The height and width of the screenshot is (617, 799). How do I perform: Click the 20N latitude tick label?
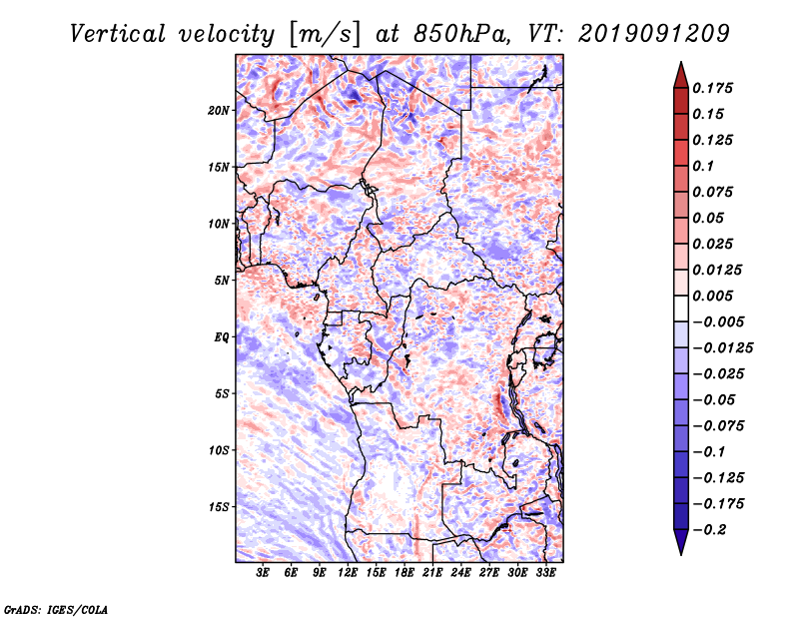pyautogui.click(x=219, y=110)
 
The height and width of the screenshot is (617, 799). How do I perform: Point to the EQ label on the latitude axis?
pyautogui.click(x=222, y=336)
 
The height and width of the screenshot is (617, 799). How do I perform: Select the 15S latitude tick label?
pyautogui.click(x=219, y=506)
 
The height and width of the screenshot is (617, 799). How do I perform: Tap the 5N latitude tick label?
pyautogui.click(x=222, y=280)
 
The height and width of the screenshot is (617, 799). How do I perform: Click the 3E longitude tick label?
pyautogui.click(x=264, y=573)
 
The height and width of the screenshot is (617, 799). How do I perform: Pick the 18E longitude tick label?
pyautogui.click(x=404, y=573)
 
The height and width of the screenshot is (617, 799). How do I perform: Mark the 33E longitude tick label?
pyautogui.click(x=545, y=573)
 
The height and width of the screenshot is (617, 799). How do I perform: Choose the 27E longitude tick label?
pyautogui.click(x=489, y=573)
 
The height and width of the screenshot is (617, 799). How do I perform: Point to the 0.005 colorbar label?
pyautogui.click(x=715, y=296)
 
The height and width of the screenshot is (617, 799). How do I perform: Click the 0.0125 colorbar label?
pyautogui.click(x=719, y=270)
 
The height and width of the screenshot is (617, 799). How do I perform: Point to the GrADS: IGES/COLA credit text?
pyautogui.click(x=55, y=607)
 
